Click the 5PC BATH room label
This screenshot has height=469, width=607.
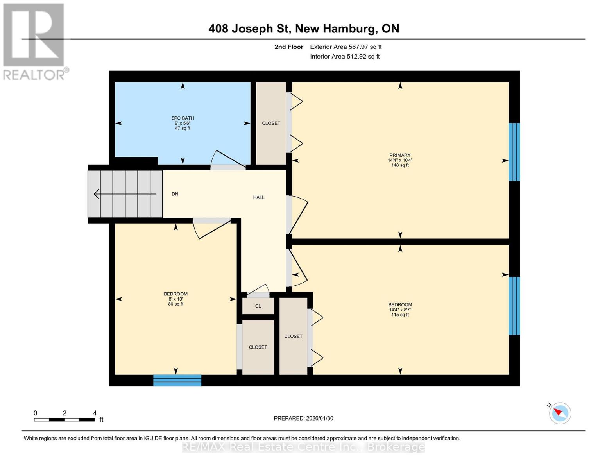(x=183, y=118)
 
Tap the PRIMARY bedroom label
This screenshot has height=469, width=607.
(x=400, y=155)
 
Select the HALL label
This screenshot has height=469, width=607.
(x=259, y=197)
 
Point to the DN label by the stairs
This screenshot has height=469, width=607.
(x=175, y=194)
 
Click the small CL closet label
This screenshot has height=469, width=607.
(x=258, y=306)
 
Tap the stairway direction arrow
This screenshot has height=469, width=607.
(x=125, y=194)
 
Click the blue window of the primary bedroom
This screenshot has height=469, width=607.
(x=514, y=152)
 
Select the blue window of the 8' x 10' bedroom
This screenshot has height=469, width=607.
(x=177, y=380)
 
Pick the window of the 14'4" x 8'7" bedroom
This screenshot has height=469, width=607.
(x=514, y=306)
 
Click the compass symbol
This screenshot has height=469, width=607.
(x=560, y=414)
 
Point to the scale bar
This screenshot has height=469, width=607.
(x=64, y=420)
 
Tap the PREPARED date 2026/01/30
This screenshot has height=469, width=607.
(x=320, y=419)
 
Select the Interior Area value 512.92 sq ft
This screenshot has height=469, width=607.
(x=363, y=57)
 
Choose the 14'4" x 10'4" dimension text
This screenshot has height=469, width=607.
(x=400, y=160)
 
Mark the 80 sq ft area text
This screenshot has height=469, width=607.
(x=176, y=304)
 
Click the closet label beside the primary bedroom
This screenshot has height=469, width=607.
(x=271, y=123)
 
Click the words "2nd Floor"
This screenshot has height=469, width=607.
(x=289, y=47)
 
